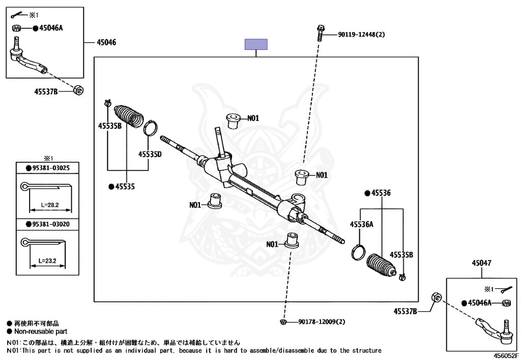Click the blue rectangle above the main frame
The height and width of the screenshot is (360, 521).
[256, 44]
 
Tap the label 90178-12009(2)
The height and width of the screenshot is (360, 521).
[322, 322]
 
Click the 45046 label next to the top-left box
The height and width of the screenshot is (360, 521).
[106, 42]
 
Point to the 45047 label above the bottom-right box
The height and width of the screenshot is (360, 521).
[481, 263]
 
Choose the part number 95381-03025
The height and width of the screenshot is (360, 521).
[51, 168]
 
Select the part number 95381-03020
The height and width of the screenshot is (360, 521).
[51, 223]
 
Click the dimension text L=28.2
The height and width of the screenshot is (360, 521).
[50, 205]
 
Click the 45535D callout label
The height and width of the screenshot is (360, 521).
[150, 154]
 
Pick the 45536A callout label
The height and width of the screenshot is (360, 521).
[361, 224]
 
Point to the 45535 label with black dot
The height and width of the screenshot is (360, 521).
[125, 187]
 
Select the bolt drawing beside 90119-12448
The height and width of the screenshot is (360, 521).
[321, 32]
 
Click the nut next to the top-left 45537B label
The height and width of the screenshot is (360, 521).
[78, 90]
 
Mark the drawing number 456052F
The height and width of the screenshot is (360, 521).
[506, 356]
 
